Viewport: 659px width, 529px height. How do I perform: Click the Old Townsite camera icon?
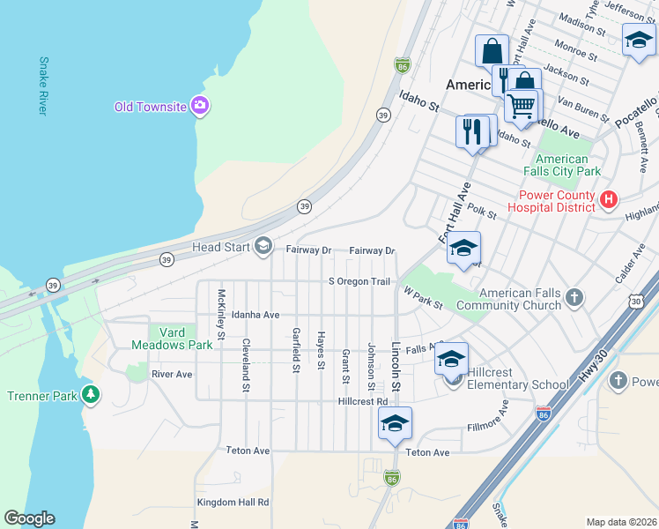coord(200,106)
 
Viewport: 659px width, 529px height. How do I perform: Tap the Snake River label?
coord(42,86)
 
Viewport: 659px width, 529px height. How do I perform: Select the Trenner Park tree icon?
coord(90,395)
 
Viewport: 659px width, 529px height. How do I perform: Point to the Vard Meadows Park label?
coord(174,338)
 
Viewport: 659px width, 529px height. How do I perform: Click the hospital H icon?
coord(608,200)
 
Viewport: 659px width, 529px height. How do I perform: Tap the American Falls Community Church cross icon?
coord(574,297)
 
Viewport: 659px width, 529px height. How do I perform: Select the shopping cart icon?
coord(522,106)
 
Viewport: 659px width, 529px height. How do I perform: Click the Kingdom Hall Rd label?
coord(232,502)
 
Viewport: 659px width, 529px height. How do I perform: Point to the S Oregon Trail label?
coord(359,281)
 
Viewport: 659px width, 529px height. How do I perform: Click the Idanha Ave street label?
coord(255,314)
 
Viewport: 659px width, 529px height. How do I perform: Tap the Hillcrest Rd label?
coord(362,400)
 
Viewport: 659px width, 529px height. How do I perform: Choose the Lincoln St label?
coord(396,367)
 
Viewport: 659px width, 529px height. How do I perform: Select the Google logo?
coord(29,518)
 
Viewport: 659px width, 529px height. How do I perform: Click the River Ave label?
coord(171,374)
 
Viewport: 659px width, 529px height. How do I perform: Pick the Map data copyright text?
coord(620,522)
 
